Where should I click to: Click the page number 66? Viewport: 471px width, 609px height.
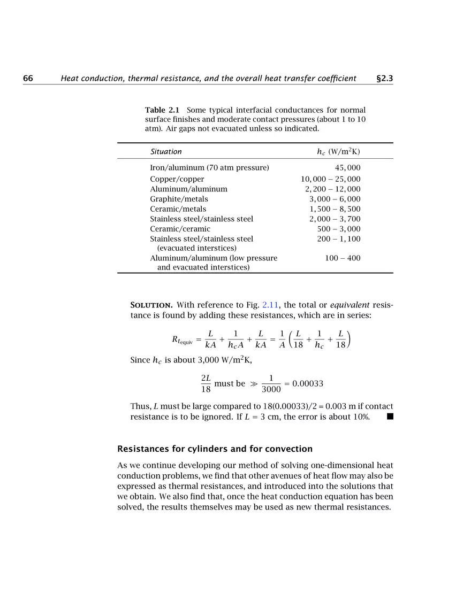(28, 79)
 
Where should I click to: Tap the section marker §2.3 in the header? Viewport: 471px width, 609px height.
(384, 79)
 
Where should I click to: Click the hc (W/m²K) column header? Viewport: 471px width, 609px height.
(338, 152)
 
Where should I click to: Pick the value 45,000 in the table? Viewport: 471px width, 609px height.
(347, 168)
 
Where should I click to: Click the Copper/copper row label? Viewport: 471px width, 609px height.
(177, 179)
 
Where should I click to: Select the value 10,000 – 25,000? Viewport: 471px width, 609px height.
(330, 179)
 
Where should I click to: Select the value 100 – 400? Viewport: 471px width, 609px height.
(343, 258)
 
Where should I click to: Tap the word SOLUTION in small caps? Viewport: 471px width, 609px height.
(151, 305)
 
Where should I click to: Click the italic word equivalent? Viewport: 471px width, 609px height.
(350, 305)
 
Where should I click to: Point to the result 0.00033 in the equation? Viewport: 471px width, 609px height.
(308, 384)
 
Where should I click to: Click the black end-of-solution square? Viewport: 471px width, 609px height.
(390, 417)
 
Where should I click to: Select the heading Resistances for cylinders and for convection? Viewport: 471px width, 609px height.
(215, 449)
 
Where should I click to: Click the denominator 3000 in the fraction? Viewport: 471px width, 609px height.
(271, 389)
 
